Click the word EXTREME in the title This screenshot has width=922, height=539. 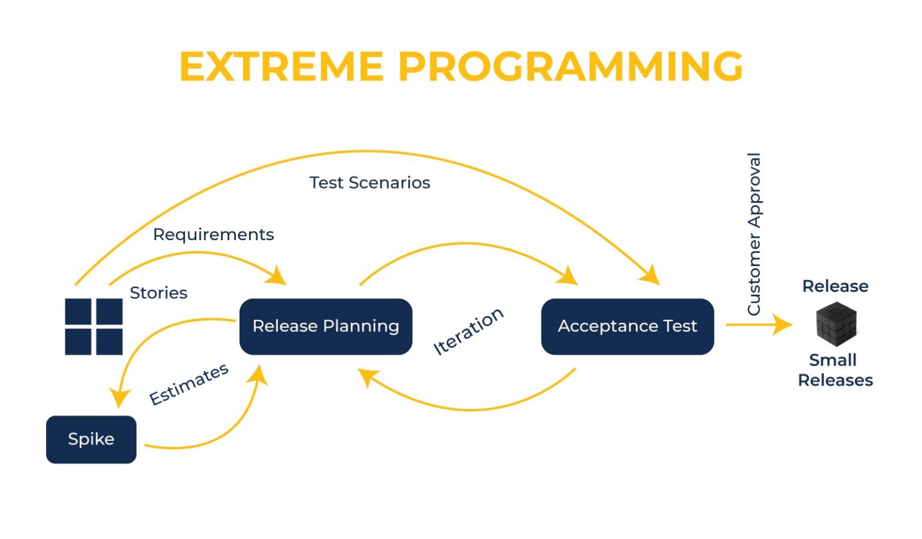[x=281, y=66]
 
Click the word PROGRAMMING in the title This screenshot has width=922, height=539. [x=570, y=66]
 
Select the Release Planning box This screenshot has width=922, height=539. [x=325, y=326]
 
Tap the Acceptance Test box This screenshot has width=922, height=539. [x=627, y=326]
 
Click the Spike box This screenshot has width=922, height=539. [x=91, y=439]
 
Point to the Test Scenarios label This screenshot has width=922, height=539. [x=370, y=182]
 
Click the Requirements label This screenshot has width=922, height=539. [x=213, y=234]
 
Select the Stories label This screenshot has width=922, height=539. [x=158, y=293]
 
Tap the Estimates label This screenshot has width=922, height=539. [x=188, y=384]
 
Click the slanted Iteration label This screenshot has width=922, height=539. [x=468, y=331]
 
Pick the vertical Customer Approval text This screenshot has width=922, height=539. [x=754, y=234]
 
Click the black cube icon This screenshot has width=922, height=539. [x=836, y=323]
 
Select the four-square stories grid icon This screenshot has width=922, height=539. [x=94, y=327]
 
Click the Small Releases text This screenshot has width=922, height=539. [x=835, y=370]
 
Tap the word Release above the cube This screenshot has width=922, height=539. [x=835, y=286]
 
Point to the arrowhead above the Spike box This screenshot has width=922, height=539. [x=119, y=398]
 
